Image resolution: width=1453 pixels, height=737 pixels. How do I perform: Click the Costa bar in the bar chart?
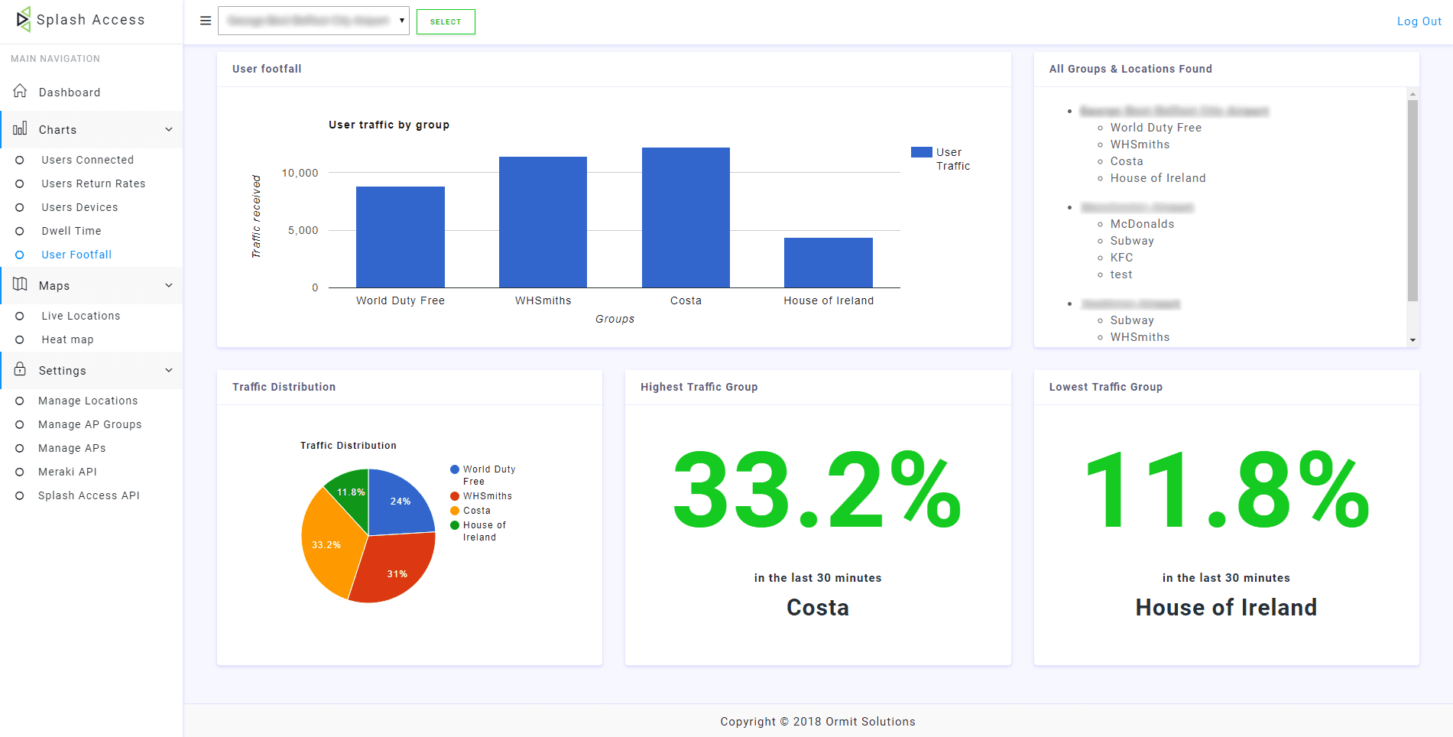pyautogui.click(x=686, y=218)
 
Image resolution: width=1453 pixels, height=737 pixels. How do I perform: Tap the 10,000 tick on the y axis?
pyautogui.click(x=300, y=173)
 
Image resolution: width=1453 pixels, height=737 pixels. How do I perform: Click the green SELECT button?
pyautogui.click(x=446, y=21)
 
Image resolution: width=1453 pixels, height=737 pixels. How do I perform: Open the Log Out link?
pyautogui.click(x=1419, y=21)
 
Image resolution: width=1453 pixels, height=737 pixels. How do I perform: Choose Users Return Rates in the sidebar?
pyautogui.click(x=93, y=183)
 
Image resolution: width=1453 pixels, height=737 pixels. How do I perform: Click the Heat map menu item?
pyautogui.click(x=67, y=339)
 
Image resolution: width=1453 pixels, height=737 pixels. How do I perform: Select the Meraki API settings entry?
pyautogui.click(x=67, y=472)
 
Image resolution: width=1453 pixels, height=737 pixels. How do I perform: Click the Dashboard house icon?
pyautogui.click(x=21, y=91)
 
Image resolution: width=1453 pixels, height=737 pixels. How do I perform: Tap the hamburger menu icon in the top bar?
pyautogui.click(x=205, y=21)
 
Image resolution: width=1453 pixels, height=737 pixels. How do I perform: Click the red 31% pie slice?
pyautogui.click(x=394, y=570)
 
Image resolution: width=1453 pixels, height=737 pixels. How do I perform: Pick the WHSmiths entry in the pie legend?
pyautogui.click(x=487, y=496)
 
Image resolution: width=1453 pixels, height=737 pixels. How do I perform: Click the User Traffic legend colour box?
pyautogui.click(x=921, y=152)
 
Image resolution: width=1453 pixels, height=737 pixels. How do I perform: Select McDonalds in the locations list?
pyautogui.click(x=1142, y=224)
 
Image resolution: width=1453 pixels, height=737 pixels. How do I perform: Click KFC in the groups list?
pyautogui.click(x=1121, y=258)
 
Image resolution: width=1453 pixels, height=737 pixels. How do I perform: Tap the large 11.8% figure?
pyautogui.click(x=1226, y=491)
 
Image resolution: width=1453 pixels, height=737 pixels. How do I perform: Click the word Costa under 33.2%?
pyautogui.click(x=817, y=607)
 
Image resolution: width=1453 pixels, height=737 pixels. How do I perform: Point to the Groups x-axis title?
pyautogui.click(x=615, y=319)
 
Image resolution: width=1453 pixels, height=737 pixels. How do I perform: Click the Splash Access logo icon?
pyautogui.click(x=24, y=19)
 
